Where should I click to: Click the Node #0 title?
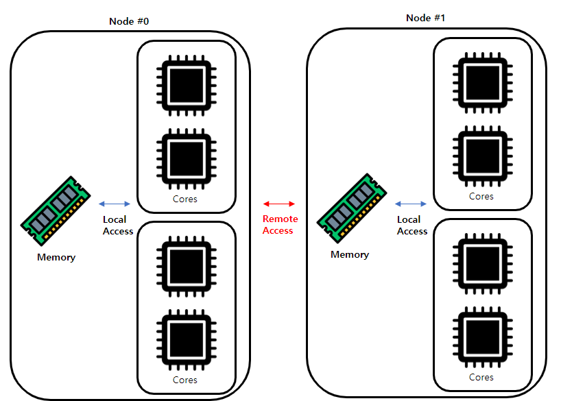click(129, 21)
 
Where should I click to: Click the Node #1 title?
click(426, 18)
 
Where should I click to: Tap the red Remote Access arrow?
click(279, 204)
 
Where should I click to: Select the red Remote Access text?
click(280, 225)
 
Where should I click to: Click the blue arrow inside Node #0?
click(115, 204)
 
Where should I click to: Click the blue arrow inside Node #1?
click(411, 204)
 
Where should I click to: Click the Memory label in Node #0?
click(56, 257)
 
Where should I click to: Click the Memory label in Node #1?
click(350, 254)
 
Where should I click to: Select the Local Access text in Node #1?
click(412, 225)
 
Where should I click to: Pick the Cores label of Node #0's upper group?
click(185, 199)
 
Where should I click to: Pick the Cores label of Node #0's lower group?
click(185, 380)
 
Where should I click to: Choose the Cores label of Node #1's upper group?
click(481, 196)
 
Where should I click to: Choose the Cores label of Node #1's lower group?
click(481, 377)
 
